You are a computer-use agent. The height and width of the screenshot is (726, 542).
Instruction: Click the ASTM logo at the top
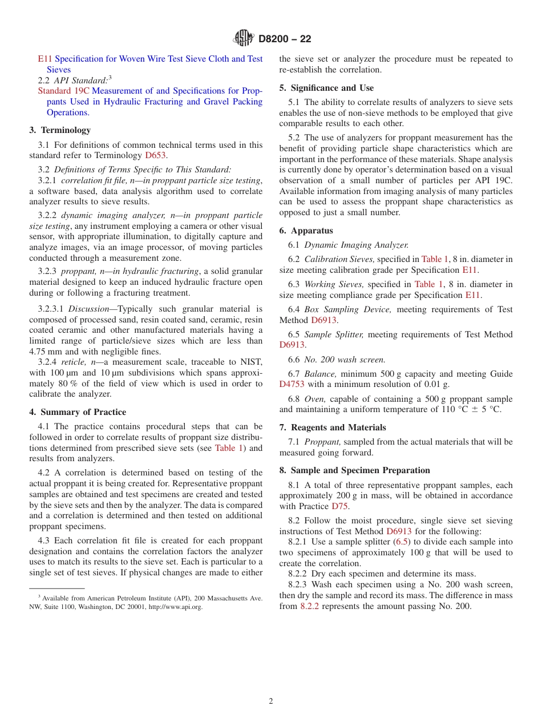tap(244, 39)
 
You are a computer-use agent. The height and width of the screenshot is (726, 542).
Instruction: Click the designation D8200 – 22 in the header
tap(285, 39)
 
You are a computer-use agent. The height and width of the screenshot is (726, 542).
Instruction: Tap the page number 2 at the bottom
tap(271, 701)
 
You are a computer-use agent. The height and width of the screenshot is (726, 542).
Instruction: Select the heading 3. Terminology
tap(60, 130)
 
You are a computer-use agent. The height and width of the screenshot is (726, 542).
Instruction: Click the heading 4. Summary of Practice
tap(78, 412)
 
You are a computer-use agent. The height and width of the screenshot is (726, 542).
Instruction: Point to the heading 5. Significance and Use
tap(326, 88)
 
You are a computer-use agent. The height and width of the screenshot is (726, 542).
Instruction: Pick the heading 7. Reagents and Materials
tap(333, 427)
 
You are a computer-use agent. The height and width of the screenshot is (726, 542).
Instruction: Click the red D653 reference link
tap(156, 155)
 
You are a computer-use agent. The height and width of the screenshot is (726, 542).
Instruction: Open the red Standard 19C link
tap(63, 91)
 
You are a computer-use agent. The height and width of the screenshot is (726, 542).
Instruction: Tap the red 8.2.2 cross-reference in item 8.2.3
tap(310, 606)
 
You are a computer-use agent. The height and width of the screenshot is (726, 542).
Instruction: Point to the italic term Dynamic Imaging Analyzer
tap(356, 245)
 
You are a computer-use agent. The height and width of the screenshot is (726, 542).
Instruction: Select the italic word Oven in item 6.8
tap(315, 399)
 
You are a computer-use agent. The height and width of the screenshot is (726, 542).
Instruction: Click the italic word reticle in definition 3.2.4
tap(72, 362)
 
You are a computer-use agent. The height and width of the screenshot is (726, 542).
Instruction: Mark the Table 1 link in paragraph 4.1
tap(229, 448)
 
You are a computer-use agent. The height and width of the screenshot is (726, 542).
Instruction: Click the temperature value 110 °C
tap(437, 410)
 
